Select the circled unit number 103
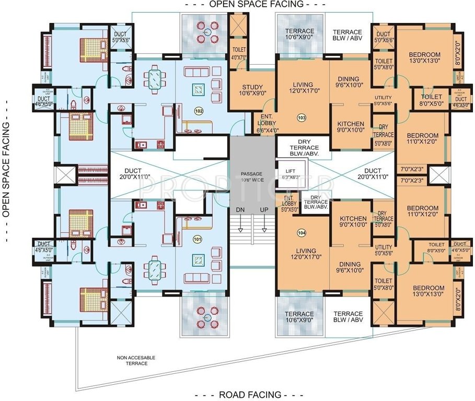[x=301, y=118]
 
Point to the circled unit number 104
[x=300, y=232]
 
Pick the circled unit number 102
[x=199, y=111]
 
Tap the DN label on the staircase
[x=240, y=209]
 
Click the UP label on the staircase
[x=265, y=209]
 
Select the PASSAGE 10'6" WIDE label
[x=252, y=176]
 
